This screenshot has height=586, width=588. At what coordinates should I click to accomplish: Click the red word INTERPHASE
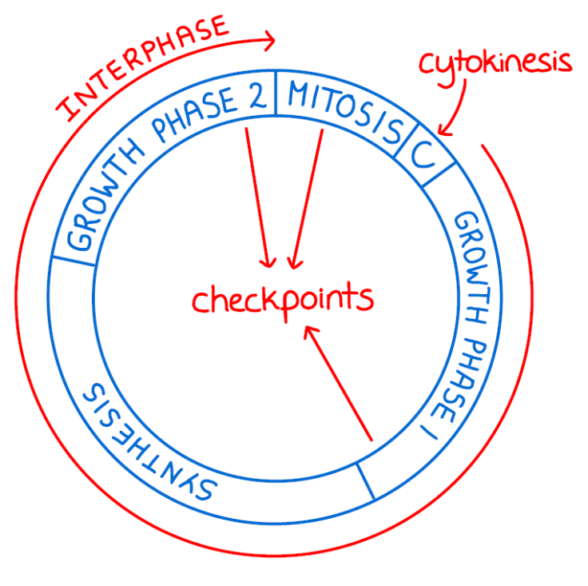(142, 67)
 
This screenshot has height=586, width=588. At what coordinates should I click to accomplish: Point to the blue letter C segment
(423, 153)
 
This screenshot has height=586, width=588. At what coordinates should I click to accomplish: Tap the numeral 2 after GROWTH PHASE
(258, 97)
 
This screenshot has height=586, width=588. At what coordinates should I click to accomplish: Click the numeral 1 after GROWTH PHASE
(429, 433)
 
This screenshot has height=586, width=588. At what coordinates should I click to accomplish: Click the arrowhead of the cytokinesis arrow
(444, 130)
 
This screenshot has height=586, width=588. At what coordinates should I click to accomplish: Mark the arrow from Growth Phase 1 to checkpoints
(338, 384)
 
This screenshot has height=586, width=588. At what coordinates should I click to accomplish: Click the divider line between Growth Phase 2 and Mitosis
(276, 93)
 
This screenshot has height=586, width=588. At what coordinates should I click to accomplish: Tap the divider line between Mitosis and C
(407, 139)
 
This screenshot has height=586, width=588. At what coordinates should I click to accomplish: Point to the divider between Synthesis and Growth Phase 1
(366, 481)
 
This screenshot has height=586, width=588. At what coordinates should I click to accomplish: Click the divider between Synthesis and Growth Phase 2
(73, 261)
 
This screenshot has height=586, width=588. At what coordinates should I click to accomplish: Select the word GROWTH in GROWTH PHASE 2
(105, 195)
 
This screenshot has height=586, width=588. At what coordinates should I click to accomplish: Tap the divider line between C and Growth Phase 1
(439, 173)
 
